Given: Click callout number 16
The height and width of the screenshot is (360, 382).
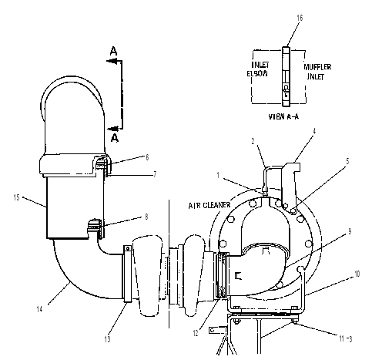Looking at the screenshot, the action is coord(300,18).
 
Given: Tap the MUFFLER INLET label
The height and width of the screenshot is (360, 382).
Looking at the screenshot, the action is coord(317,72).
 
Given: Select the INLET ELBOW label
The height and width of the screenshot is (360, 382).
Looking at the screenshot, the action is coord(258,69).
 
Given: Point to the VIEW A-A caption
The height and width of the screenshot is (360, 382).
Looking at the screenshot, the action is coord(283,116).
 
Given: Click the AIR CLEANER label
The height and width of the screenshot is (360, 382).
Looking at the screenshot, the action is coord(209,205).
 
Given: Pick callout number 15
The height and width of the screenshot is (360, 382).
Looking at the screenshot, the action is coord(16,197).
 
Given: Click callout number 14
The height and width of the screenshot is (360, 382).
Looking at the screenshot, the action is coord(39,309).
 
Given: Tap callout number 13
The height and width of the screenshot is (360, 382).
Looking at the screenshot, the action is coord(107,339).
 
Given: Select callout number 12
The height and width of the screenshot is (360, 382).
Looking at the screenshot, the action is coord(196,333).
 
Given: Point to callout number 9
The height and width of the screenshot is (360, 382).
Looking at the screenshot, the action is coord(350,231).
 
